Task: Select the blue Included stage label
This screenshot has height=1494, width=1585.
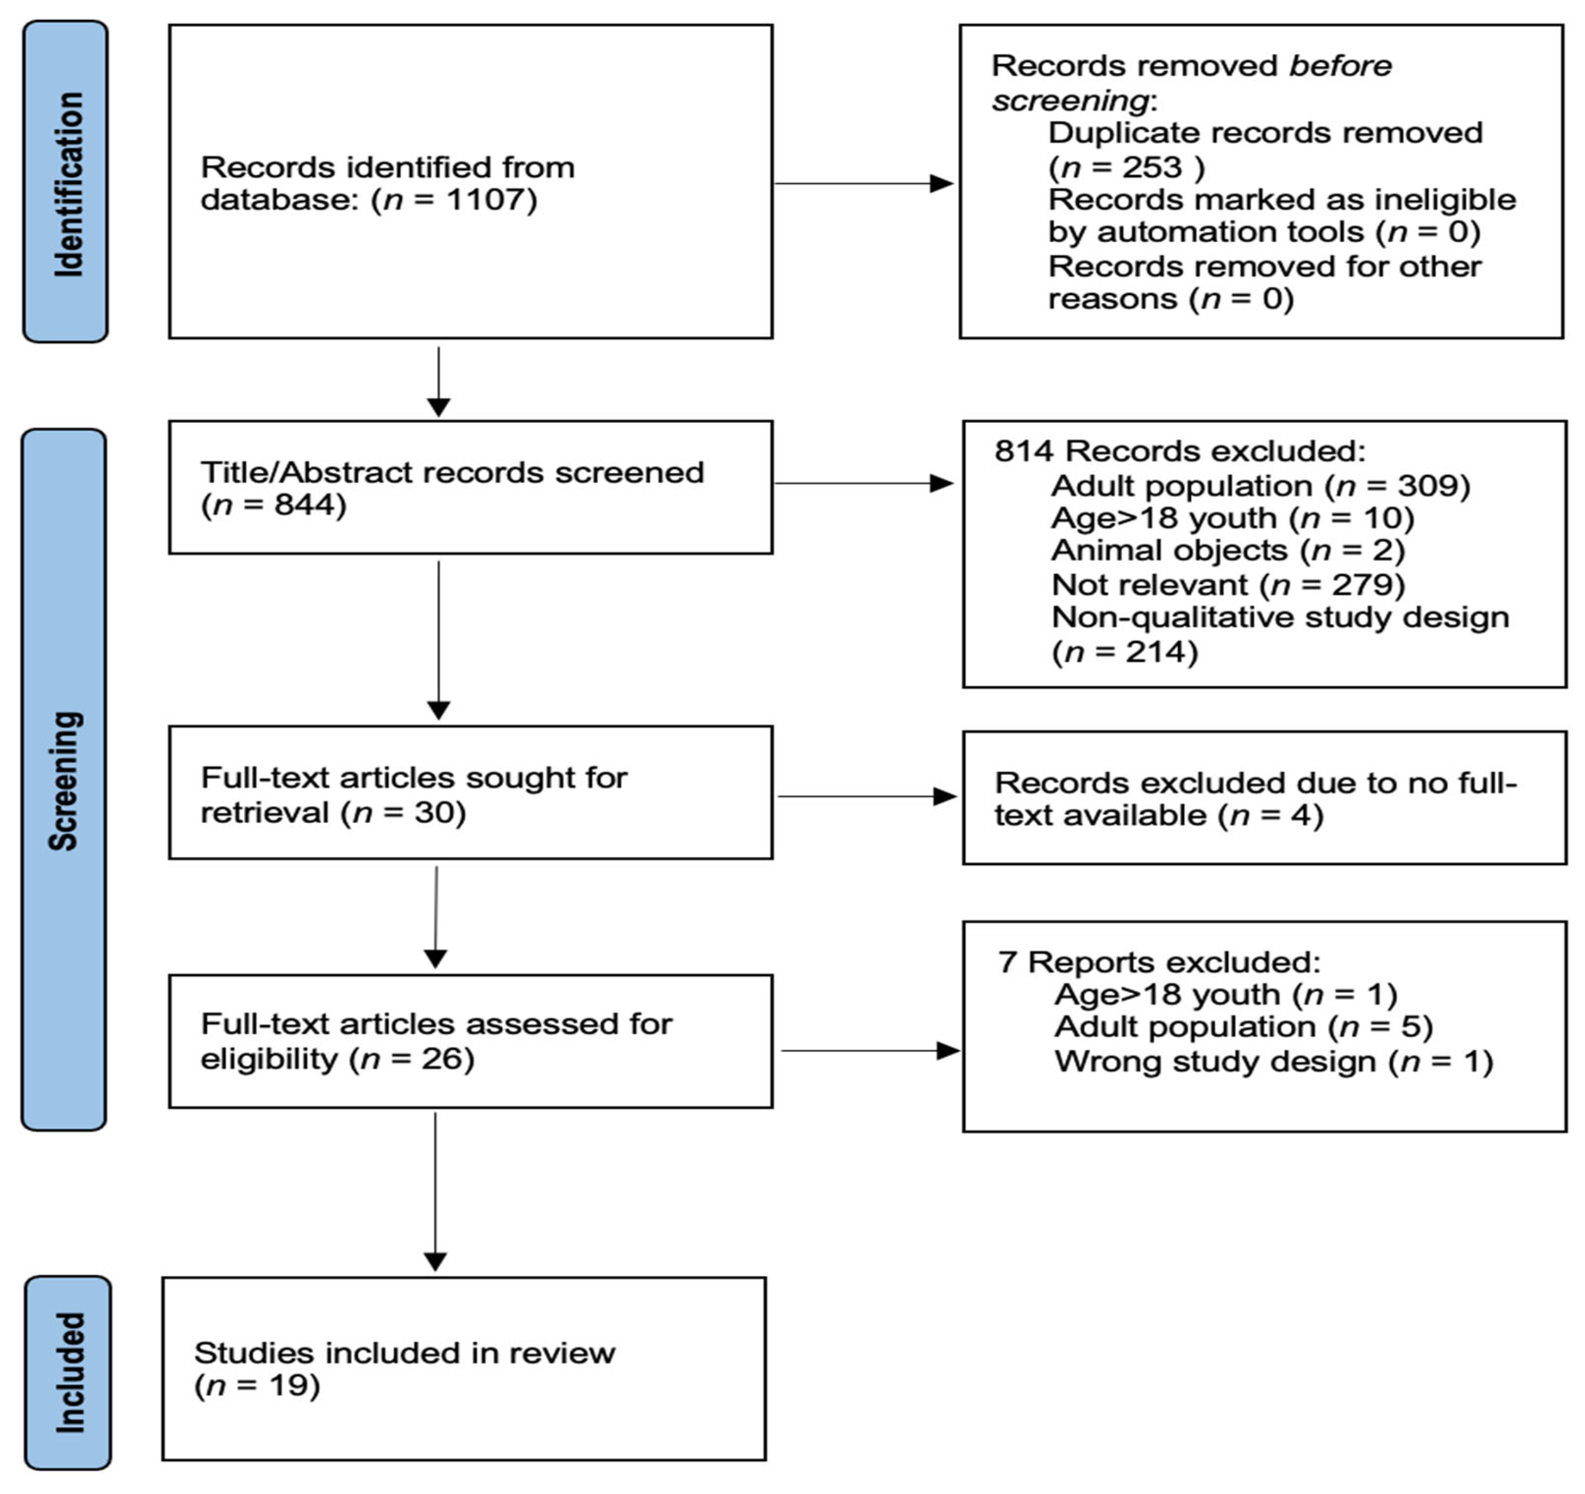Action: point(68,1373)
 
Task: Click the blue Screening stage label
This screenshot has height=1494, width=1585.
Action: point(64,780)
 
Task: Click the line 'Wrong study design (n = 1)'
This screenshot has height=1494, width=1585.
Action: point(1273,1062)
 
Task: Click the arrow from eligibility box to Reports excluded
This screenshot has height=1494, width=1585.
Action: point(869,1051)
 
